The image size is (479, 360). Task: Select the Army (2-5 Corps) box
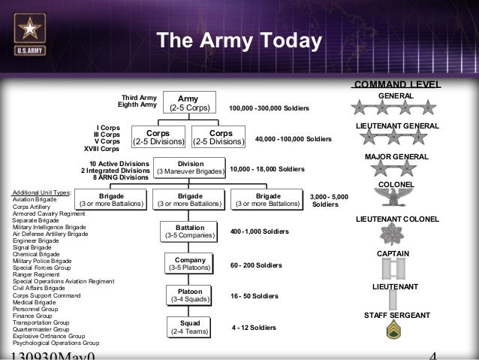[x=189, y=103]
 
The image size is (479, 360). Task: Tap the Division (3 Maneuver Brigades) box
[x=190, y=167]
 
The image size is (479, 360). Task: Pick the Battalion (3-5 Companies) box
[x=189, y=231]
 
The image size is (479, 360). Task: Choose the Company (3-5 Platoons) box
[x=189, y=264]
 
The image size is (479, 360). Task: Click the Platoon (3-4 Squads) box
[x=189, y=295]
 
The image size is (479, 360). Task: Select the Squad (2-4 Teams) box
[x=189, y=327]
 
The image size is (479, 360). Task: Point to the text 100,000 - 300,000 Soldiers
[x=270, y=109]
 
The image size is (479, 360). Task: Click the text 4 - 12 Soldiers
[x=254, y=328]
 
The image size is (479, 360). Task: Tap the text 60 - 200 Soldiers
[x=256, y=265]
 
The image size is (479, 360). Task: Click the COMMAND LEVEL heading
[x=396, y=83]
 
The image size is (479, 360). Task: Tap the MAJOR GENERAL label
[x=396, y=156]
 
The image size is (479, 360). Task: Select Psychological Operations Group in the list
[x=56, y=343]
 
